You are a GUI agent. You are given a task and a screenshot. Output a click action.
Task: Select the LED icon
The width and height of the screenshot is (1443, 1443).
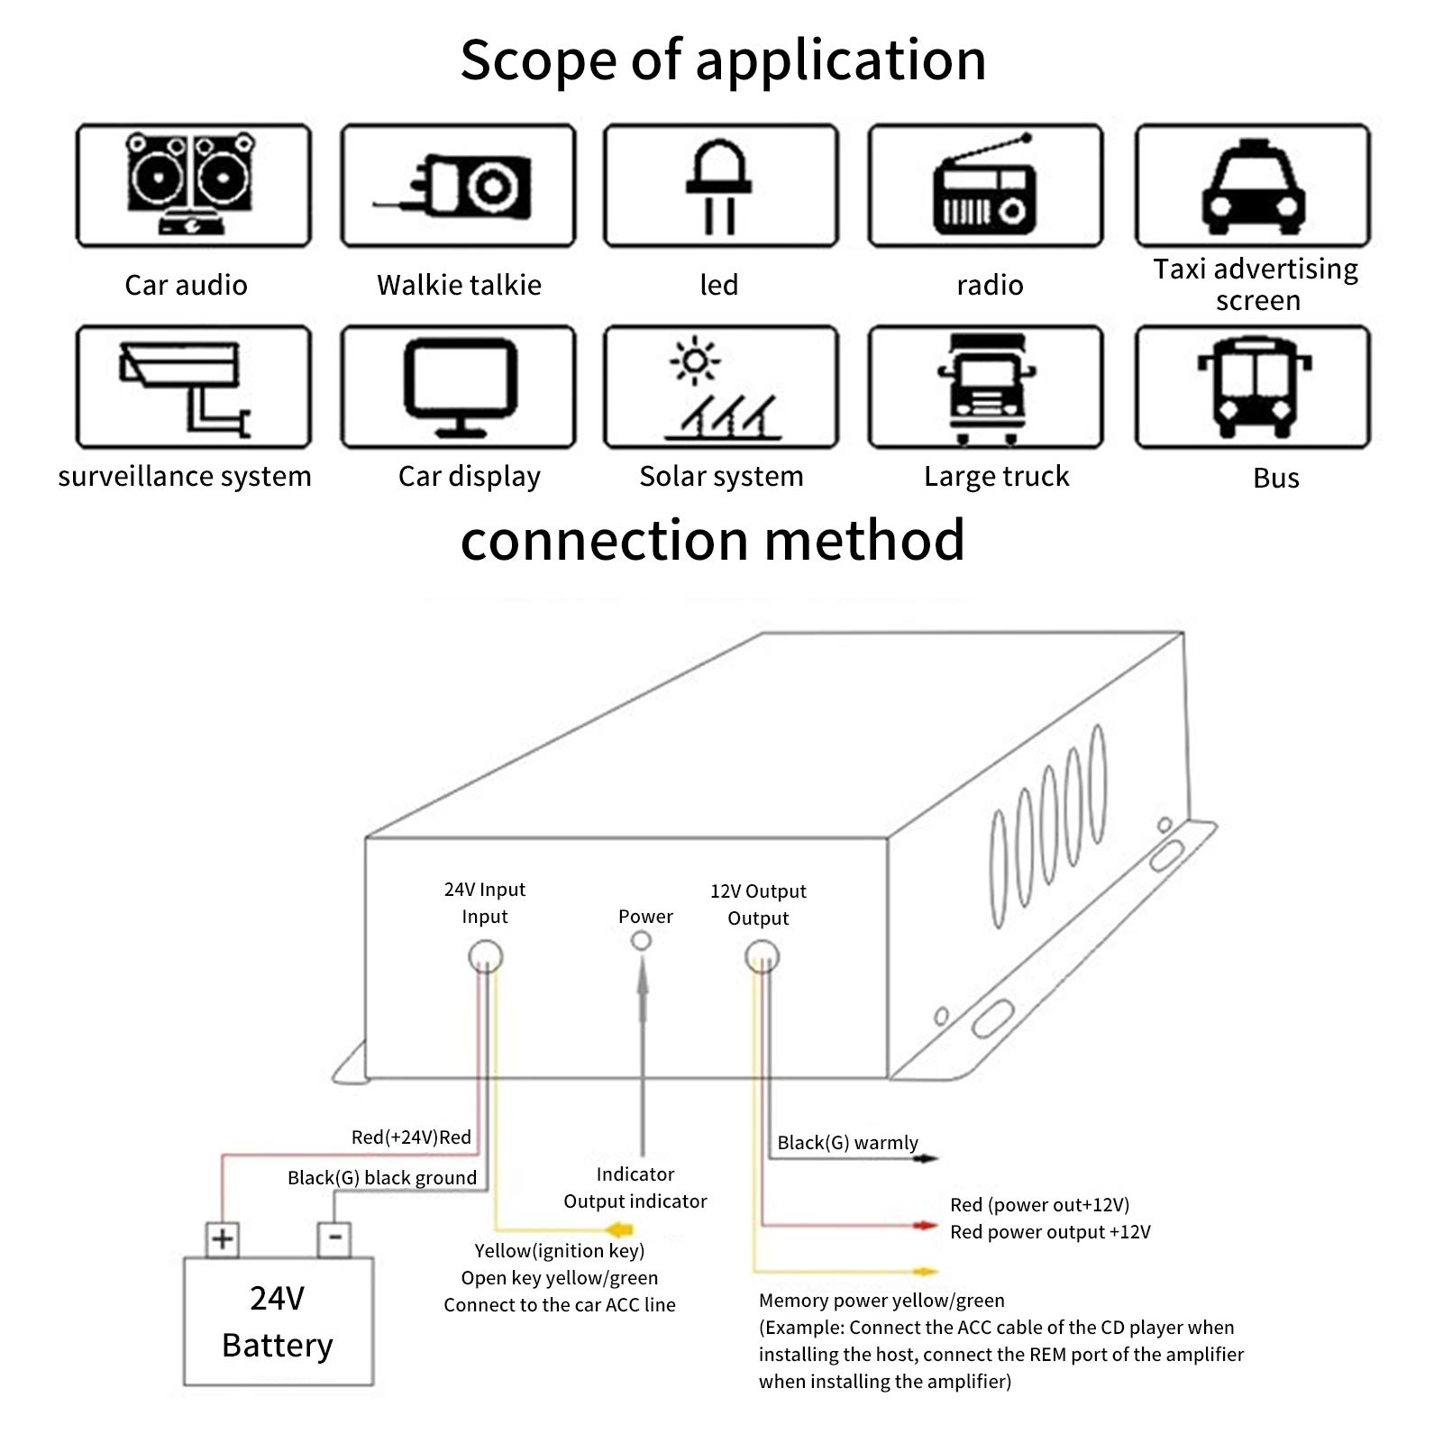pyautogui.click(x=719, y=187)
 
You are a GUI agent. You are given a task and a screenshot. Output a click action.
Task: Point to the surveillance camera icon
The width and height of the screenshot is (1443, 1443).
pyautogui.click(x=186, y=388)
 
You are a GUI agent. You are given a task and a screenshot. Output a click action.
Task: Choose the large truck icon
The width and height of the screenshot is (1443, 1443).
pyautogui.click(x=987, y=388)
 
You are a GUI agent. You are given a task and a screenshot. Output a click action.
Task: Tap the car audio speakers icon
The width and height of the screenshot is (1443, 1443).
pyautogui.click(x=190, y=183)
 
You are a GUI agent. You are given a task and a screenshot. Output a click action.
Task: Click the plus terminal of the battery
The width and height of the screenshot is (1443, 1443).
pyautogui.click(x=222, y=1239)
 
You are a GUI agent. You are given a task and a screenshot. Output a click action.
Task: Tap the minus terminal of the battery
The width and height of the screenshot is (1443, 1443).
pyautogui.click(x=334, y=1239)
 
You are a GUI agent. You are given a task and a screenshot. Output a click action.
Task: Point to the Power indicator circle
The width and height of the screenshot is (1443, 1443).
pyautogui.click(x=642, y=941)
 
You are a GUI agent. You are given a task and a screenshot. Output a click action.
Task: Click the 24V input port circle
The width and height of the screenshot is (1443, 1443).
pyautogui.click(x=486, y=956)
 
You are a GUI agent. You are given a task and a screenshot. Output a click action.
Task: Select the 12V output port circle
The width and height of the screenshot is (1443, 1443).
pyautogui.click(x=763, y=956)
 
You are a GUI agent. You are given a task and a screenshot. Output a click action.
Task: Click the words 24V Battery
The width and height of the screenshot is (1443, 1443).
pyautogui.click(x=278, y=1321)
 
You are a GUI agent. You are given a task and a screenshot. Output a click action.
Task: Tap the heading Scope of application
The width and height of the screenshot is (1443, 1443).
pyautogui.click(x=723, y=60)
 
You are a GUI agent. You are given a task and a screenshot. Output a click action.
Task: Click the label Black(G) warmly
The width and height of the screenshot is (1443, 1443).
pyautogui.click(x=847, y=1143)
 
